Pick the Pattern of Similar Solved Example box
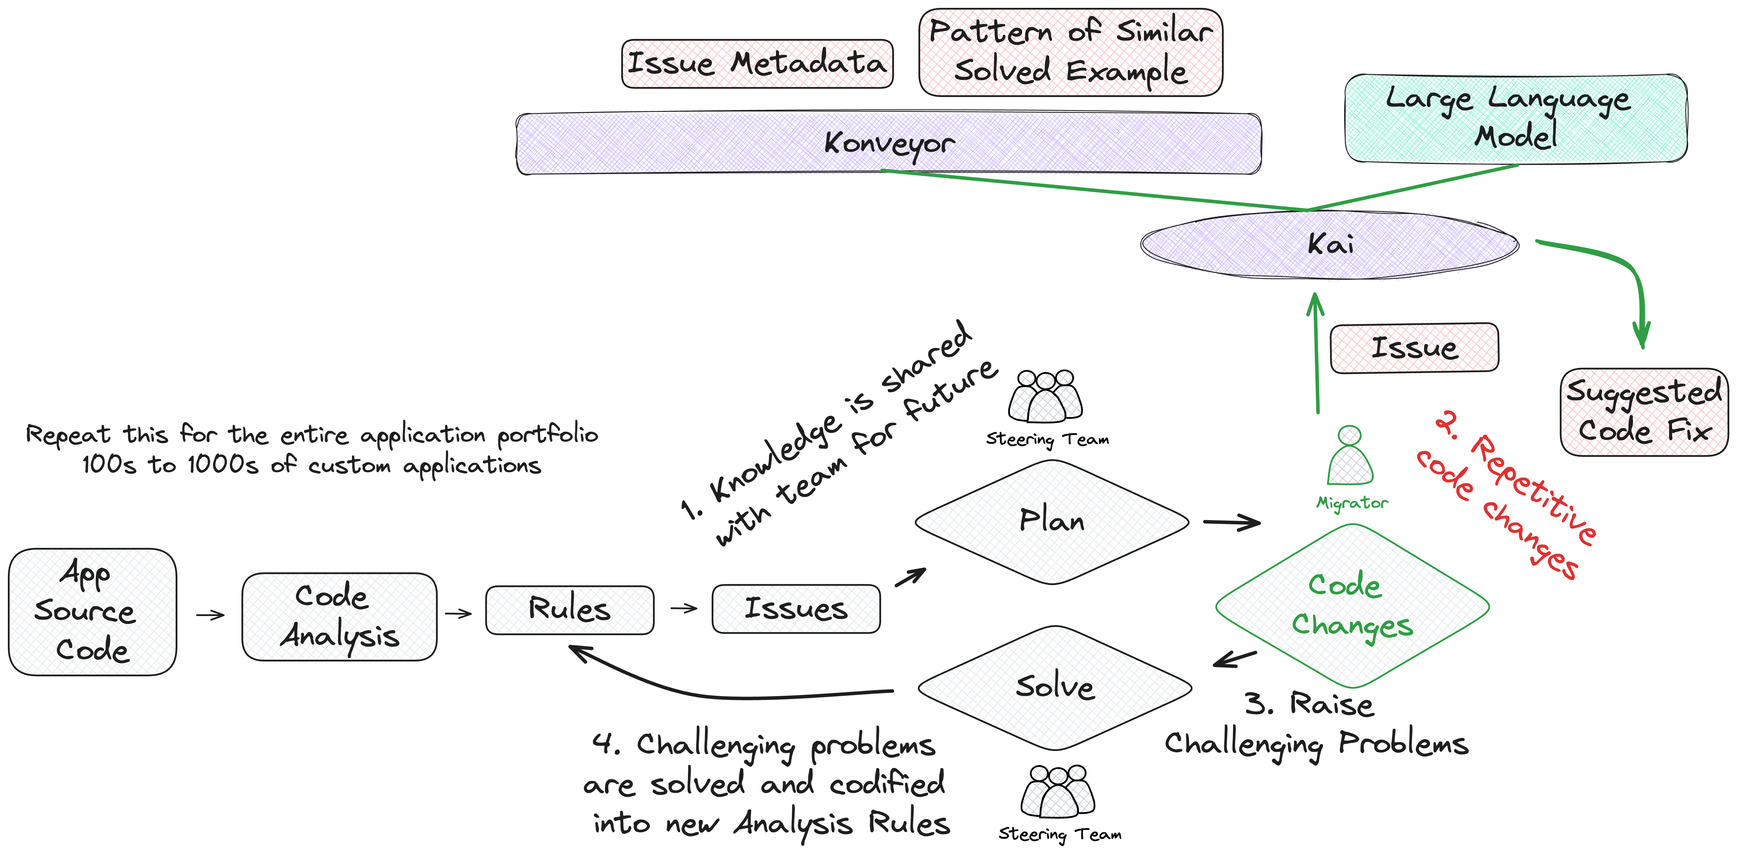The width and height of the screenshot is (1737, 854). point(1070,52)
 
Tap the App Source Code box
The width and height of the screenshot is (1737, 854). point(92,611)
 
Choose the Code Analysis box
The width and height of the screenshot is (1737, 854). point(339,616)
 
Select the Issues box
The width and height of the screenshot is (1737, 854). point(796,608)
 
